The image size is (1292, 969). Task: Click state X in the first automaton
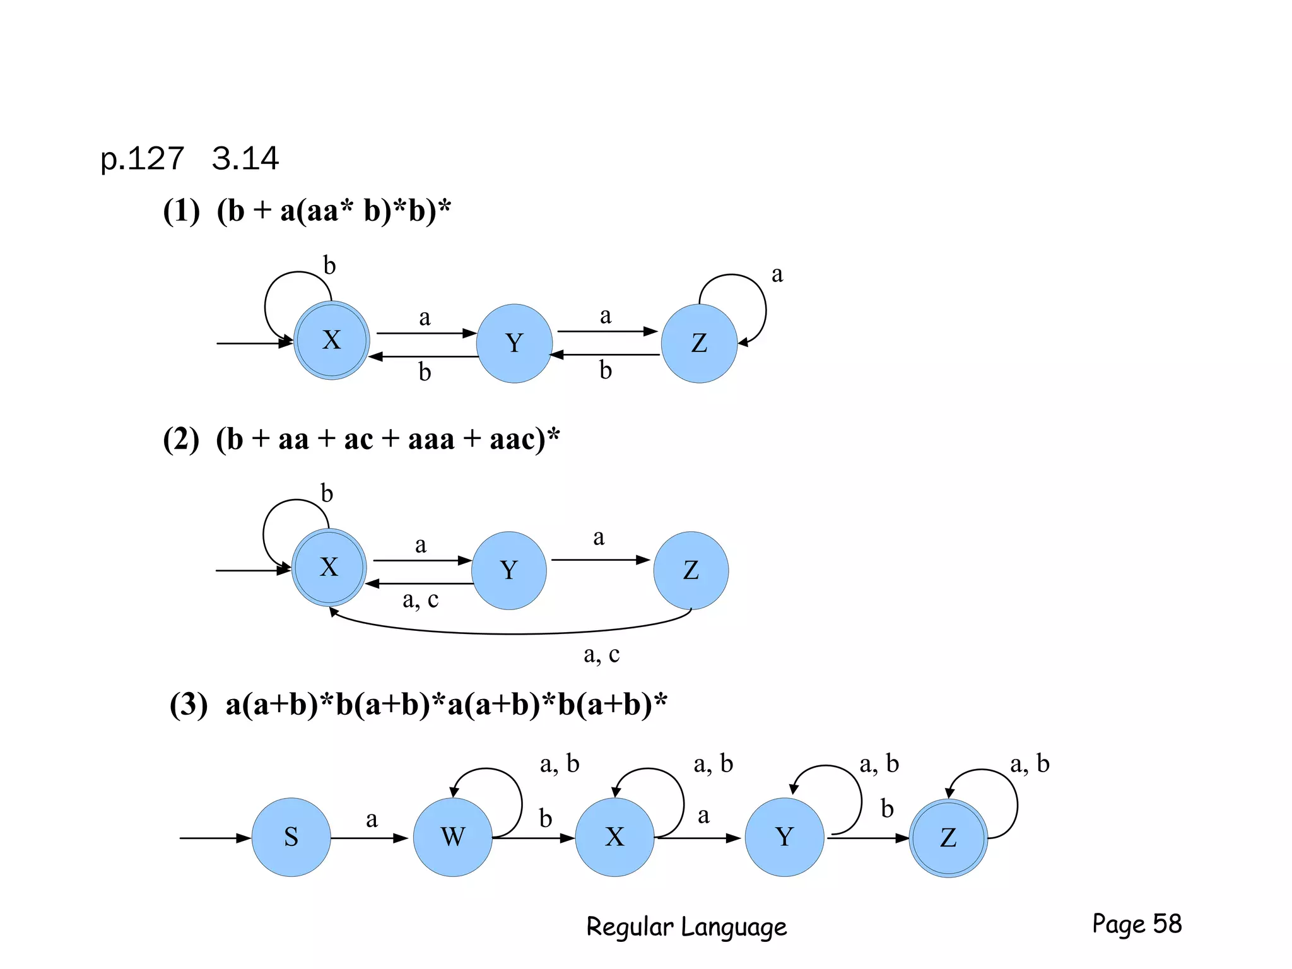pos(331,341)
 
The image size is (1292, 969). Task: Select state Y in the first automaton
pos(514,344)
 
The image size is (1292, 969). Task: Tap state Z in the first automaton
pos(699,344)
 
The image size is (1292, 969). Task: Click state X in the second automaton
pos(329,568)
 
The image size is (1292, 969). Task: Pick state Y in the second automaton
pos(509,570)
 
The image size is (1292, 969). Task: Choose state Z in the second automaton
pos(691,570)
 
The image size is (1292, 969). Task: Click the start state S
pos(291,837)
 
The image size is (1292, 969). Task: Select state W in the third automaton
pos(452,837)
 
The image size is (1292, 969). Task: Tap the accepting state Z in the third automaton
pos(948,838)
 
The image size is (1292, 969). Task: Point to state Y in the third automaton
pos(784,837)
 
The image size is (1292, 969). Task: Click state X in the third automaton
pos(614,837)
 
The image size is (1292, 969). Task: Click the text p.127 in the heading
pos(143,158)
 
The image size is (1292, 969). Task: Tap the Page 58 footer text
pos(1137,924)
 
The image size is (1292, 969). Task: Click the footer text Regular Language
pos(686,927)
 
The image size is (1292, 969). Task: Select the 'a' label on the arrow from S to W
pos(372,819)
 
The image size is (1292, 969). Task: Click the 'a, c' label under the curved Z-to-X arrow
pos(601,655)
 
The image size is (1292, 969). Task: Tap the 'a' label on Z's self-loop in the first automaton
pos(777,274)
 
